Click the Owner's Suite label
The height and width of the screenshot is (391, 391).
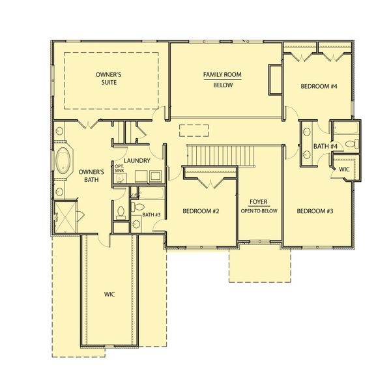tap(108, 80)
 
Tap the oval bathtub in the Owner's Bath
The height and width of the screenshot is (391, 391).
tap(64, 160)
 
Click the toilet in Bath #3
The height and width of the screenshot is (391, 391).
tap(121, 212)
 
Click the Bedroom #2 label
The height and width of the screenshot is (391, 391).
tap(200, 211)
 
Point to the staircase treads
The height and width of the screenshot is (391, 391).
tap(218, 155)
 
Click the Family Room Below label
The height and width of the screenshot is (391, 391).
tap(222, 80)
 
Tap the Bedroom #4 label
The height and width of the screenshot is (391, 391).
tap(319, 86)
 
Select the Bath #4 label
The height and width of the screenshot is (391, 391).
tap(324, 147)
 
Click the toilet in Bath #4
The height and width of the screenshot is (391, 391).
tap(349, 143)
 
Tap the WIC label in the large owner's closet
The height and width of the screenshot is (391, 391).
tap(109, 295)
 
